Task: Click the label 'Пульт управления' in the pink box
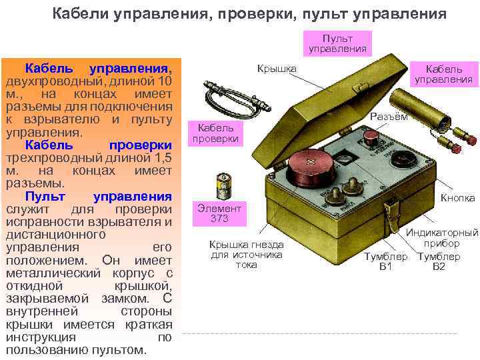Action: click(337, 43)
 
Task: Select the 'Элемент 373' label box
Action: click(219, 213)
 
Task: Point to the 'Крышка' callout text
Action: click(275, 69)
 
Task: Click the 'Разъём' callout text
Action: click(389, 117)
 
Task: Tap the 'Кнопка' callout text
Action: click(457, 198)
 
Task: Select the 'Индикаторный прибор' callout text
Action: click(443, 238)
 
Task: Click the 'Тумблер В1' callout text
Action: click(385, 262)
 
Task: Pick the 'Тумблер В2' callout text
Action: click(439, 262)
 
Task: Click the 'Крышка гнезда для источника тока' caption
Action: click(246, 255)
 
